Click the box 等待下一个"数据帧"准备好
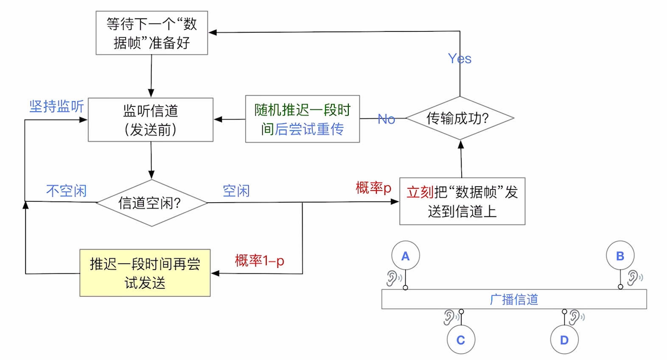pyautogui.click(x=151, y=33)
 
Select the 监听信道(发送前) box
pyautogui.click(x=151, y=120)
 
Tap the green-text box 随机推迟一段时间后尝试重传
pyautogui.click(x=303, y=119)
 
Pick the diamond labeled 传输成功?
pyautogui.click(x=460, y=118)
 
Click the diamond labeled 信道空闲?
pyautogui.click(x=151, y=203)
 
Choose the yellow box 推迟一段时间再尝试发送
pyautogui.click(x=145, y=273)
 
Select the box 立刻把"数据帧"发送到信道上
pyautogui.click(x=462, y=201)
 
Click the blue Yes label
pyautogui.click(x=460, y=59)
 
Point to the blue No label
pyautogui.click(x=386, y=119)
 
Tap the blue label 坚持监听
pyautogui.click(x=56, y=106)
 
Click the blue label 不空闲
pyautogui.click(x=66, y=191)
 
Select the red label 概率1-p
pyautogui.click(x=259, y=260)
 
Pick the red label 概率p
pyautogui.click(x=373, y=187)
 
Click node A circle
pyautogui.click(x=405, y=256)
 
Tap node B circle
pyautogui.click(x=620, y=256)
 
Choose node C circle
pyautogui.click(x=461, y=340)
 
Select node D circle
pyautogui.click(x=564, y=340)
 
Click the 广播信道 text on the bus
pyautogui.click(x=514, y=300)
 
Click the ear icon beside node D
pyautogui.click(x=575, y=317)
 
